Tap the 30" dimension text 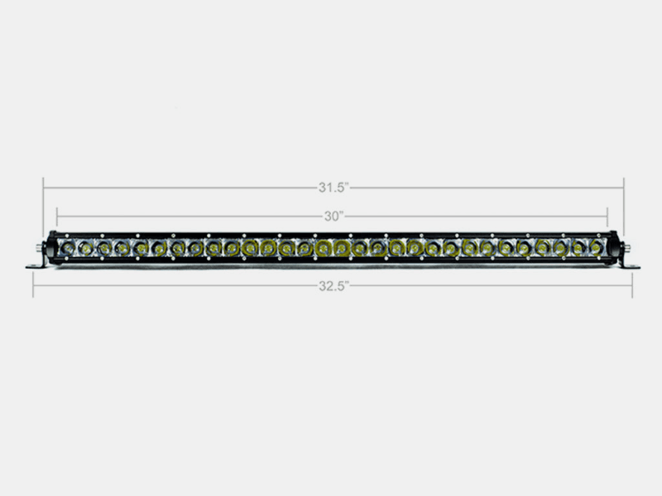[333, 217]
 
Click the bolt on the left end [38, 247]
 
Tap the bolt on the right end [626, 247]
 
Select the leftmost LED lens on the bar [66, 247]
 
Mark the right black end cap [613, 247]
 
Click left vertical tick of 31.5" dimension [44, 188]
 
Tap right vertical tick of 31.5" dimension [624, 188]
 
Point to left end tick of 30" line [57, 217]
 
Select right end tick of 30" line [608, 217]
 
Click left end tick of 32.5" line [33, 285]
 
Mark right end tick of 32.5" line [632, 285]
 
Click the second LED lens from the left [84, 247]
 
